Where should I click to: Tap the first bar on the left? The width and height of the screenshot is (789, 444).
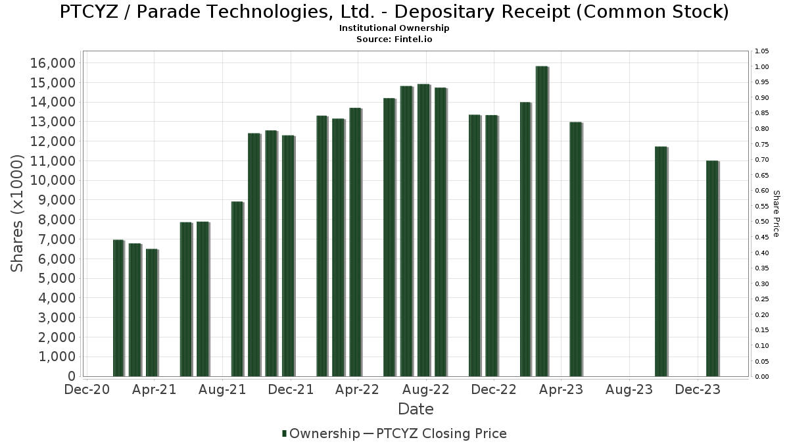click(118, 308)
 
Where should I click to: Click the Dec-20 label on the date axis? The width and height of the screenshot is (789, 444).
click(86, 389)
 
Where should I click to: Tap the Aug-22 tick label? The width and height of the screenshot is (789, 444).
click(426, 389)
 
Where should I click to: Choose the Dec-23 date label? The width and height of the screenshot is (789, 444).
click(698, 389)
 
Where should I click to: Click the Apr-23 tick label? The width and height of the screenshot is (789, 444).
click(562, 389)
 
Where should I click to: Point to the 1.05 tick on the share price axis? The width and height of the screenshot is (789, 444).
click(762, 51)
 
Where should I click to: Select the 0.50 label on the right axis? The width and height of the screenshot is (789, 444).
click(762, 222)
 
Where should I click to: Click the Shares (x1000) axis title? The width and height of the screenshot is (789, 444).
click(18, 213)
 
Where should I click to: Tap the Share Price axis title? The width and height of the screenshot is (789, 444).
click(776, 213)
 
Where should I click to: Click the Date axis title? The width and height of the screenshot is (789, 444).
click(416, 409)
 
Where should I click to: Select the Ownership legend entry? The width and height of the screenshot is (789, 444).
click(321, 433)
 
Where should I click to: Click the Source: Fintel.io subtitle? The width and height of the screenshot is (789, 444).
click(394, 39)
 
